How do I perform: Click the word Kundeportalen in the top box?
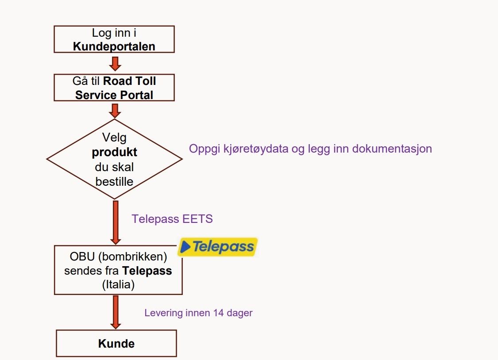coord(114,46)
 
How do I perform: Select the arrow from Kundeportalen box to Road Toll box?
coord(115,63)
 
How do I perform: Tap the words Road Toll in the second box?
coord(130,81)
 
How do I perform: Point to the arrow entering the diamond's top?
coord(115,111)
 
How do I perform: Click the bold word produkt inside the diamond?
coord(114,153)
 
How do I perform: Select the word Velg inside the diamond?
coord(114,137)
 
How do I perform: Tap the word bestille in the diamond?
coord(114,182)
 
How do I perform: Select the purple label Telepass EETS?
coord(172,219)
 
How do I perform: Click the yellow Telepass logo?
coord(217,247)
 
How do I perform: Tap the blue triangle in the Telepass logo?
coord(186,246)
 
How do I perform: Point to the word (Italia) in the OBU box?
coord(118,284)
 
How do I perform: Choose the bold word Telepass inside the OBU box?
coord(147,271)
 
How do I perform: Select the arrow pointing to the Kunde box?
coord(115,312)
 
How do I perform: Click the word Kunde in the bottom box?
coord(116,344)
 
